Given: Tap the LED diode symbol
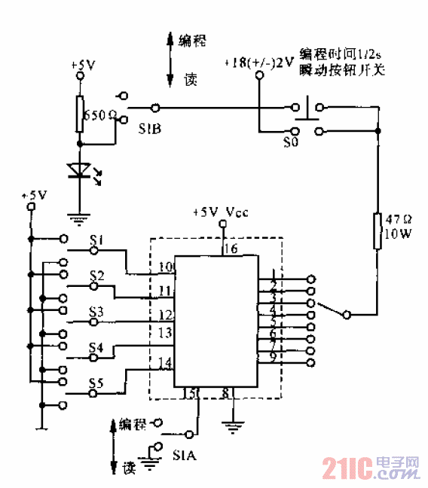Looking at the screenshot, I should [x=78, y=171].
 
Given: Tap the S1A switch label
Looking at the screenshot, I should [x=185, y=456].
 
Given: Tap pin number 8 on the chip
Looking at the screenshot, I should [x=226, y=392].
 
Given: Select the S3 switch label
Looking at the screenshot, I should [x=95, y=310].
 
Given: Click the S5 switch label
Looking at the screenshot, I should [x=95, y=382].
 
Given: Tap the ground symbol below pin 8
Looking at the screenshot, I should [x=233, y=429].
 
